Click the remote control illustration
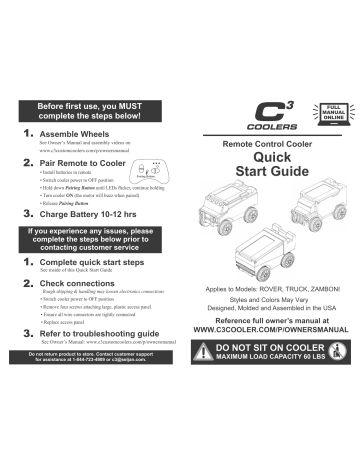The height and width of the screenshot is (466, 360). coord(159,180)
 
